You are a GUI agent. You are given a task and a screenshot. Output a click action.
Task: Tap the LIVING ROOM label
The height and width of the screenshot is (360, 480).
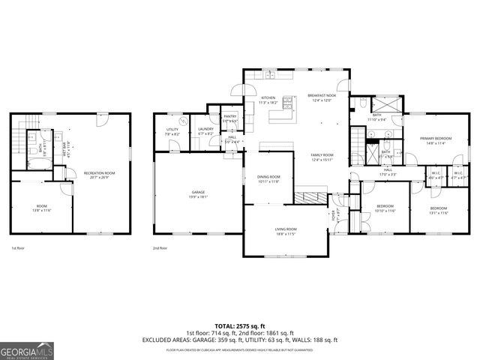tap(286, 229)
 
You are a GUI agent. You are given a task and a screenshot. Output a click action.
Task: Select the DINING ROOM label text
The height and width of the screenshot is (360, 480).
tap(268, 178)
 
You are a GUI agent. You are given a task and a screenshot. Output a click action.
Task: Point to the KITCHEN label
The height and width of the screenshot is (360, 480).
tap(268, 98)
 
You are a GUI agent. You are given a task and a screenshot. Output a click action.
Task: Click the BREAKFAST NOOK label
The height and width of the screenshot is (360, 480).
tap(321, 96)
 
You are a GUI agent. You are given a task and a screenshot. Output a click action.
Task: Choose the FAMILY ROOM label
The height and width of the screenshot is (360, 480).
tap(322, 155)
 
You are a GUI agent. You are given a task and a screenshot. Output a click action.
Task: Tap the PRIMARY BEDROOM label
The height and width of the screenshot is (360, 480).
tap(435, 139)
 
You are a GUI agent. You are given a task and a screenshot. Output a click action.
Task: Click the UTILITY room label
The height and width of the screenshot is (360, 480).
tap(172, 130)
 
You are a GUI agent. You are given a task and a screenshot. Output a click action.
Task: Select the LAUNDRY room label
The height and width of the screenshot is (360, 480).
tap(205, 130)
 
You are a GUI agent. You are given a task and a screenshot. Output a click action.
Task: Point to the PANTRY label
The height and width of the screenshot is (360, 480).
tap(229, 117)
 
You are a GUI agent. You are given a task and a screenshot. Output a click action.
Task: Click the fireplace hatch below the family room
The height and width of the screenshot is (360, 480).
tap(308, 197)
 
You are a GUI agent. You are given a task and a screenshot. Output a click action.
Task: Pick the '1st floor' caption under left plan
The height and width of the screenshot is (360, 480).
tap(18, 247)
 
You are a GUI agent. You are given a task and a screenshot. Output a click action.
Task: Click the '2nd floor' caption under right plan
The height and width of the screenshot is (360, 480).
tap(160, 247)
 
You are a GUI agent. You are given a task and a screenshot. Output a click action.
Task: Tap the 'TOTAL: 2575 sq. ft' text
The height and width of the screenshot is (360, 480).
tap(239, 325)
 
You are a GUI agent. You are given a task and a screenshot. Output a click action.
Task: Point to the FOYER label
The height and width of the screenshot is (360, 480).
tap(334, 214)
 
